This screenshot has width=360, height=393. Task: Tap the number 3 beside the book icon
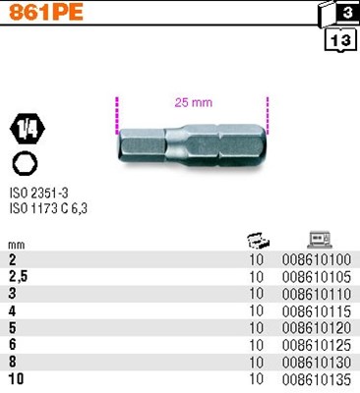348,14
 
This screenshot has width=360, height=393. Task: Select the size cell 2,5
16,278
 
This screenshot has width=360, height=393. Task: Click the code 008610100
316,261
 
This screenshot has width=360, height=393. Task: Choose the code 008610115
316,311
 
